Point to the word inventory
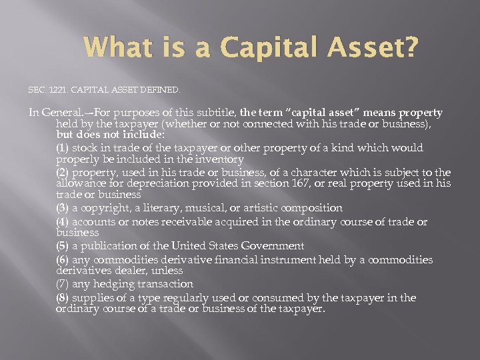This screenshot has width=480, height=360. point(217,159)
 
